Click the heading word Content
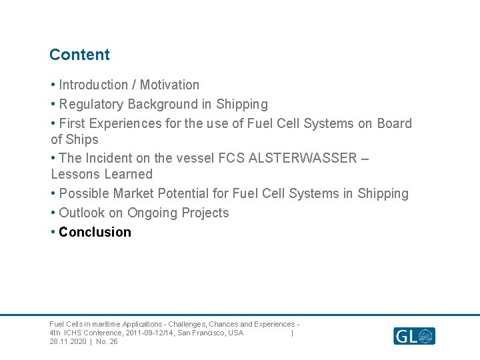79,55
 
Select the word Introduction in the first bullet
93,85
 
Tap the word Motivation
169,85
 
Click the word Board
394,123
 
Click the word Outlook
82,213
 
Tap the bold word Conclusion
95,232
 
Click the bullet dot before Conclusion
53,232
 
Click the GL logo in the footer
413,335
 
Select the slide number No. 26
107,341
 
